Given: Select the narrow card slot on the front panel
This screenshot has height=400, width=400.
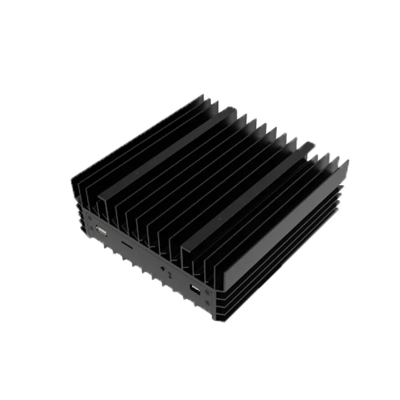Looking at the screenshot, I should tap(127, 246).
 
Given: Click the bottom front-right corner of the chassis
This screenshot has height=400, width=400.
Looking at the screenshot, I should tap(215, 318).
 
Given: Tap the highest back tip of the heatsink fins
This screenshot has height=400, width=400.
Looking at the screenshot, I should tap(202, 95).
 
